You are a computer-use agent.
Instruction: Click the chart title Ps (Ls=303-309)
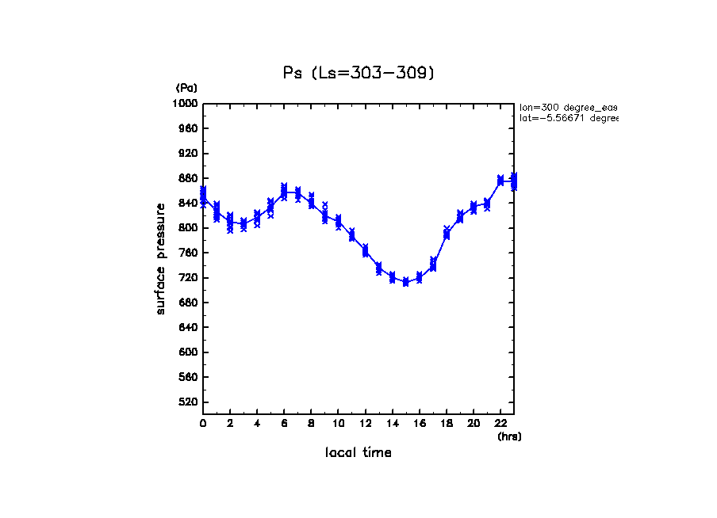tap(358, 73)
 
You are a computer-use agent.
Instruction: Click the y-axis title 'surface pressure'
tap(161, 257)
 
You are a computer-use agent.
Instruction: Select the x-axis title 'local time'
tap(358, 453)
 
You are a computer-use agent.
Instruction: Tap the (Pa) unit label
tap(186, 88)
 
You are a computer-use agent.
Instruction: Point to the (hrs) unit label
tap(509, 436)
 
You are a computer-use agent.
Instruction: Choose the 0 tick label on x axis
tap(203, 424)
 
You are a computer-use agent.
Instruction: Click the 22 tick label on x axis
tap(500, 424)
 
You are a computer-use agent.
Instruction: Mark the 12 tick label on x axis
tap(365, 424)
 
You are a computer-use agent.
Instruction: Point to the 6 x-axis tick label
tap(284, 424)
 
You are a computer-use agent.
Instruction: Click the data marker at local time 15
tap(405, 282)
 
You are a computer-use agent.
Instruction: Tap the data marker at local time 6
tap(284, 191)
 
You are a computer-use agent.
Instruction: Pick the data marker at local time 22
tap(500, 181)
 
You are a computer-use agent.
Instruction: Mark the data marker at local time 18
tap(447, 233)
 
